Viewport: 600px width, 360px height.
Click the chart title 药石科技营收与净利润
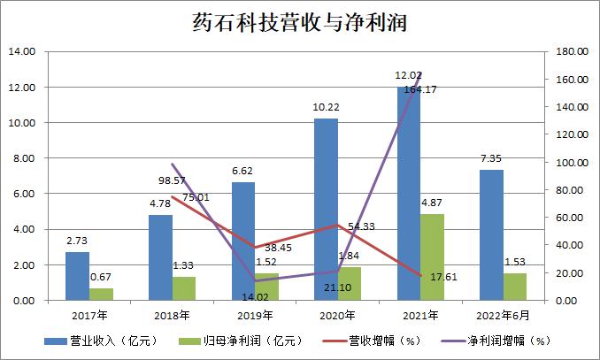(x=299, y=19)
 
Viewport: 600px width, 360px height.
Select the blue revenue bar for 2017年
(x=77, y=276)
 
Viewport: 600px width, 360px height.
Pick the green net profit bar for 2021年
(x=433, y=257)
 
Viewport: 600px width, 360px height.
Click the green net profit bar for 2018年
(x=184, y=288)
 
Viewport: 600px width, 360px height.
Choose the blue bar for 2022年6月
(x=492, y=235)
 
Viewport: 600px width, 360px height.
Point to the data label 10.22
(x=326, y=108)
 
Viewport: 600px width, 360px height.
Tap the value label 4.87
(x=433, y=203)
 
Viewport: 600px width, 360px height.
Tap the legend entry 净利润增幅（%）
(x=502, y=339)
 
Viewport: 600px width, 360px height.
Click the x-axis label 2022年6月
(x=502, y=315)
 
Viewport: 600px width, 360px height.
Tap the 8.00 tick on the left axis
(x=23, y=158)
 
